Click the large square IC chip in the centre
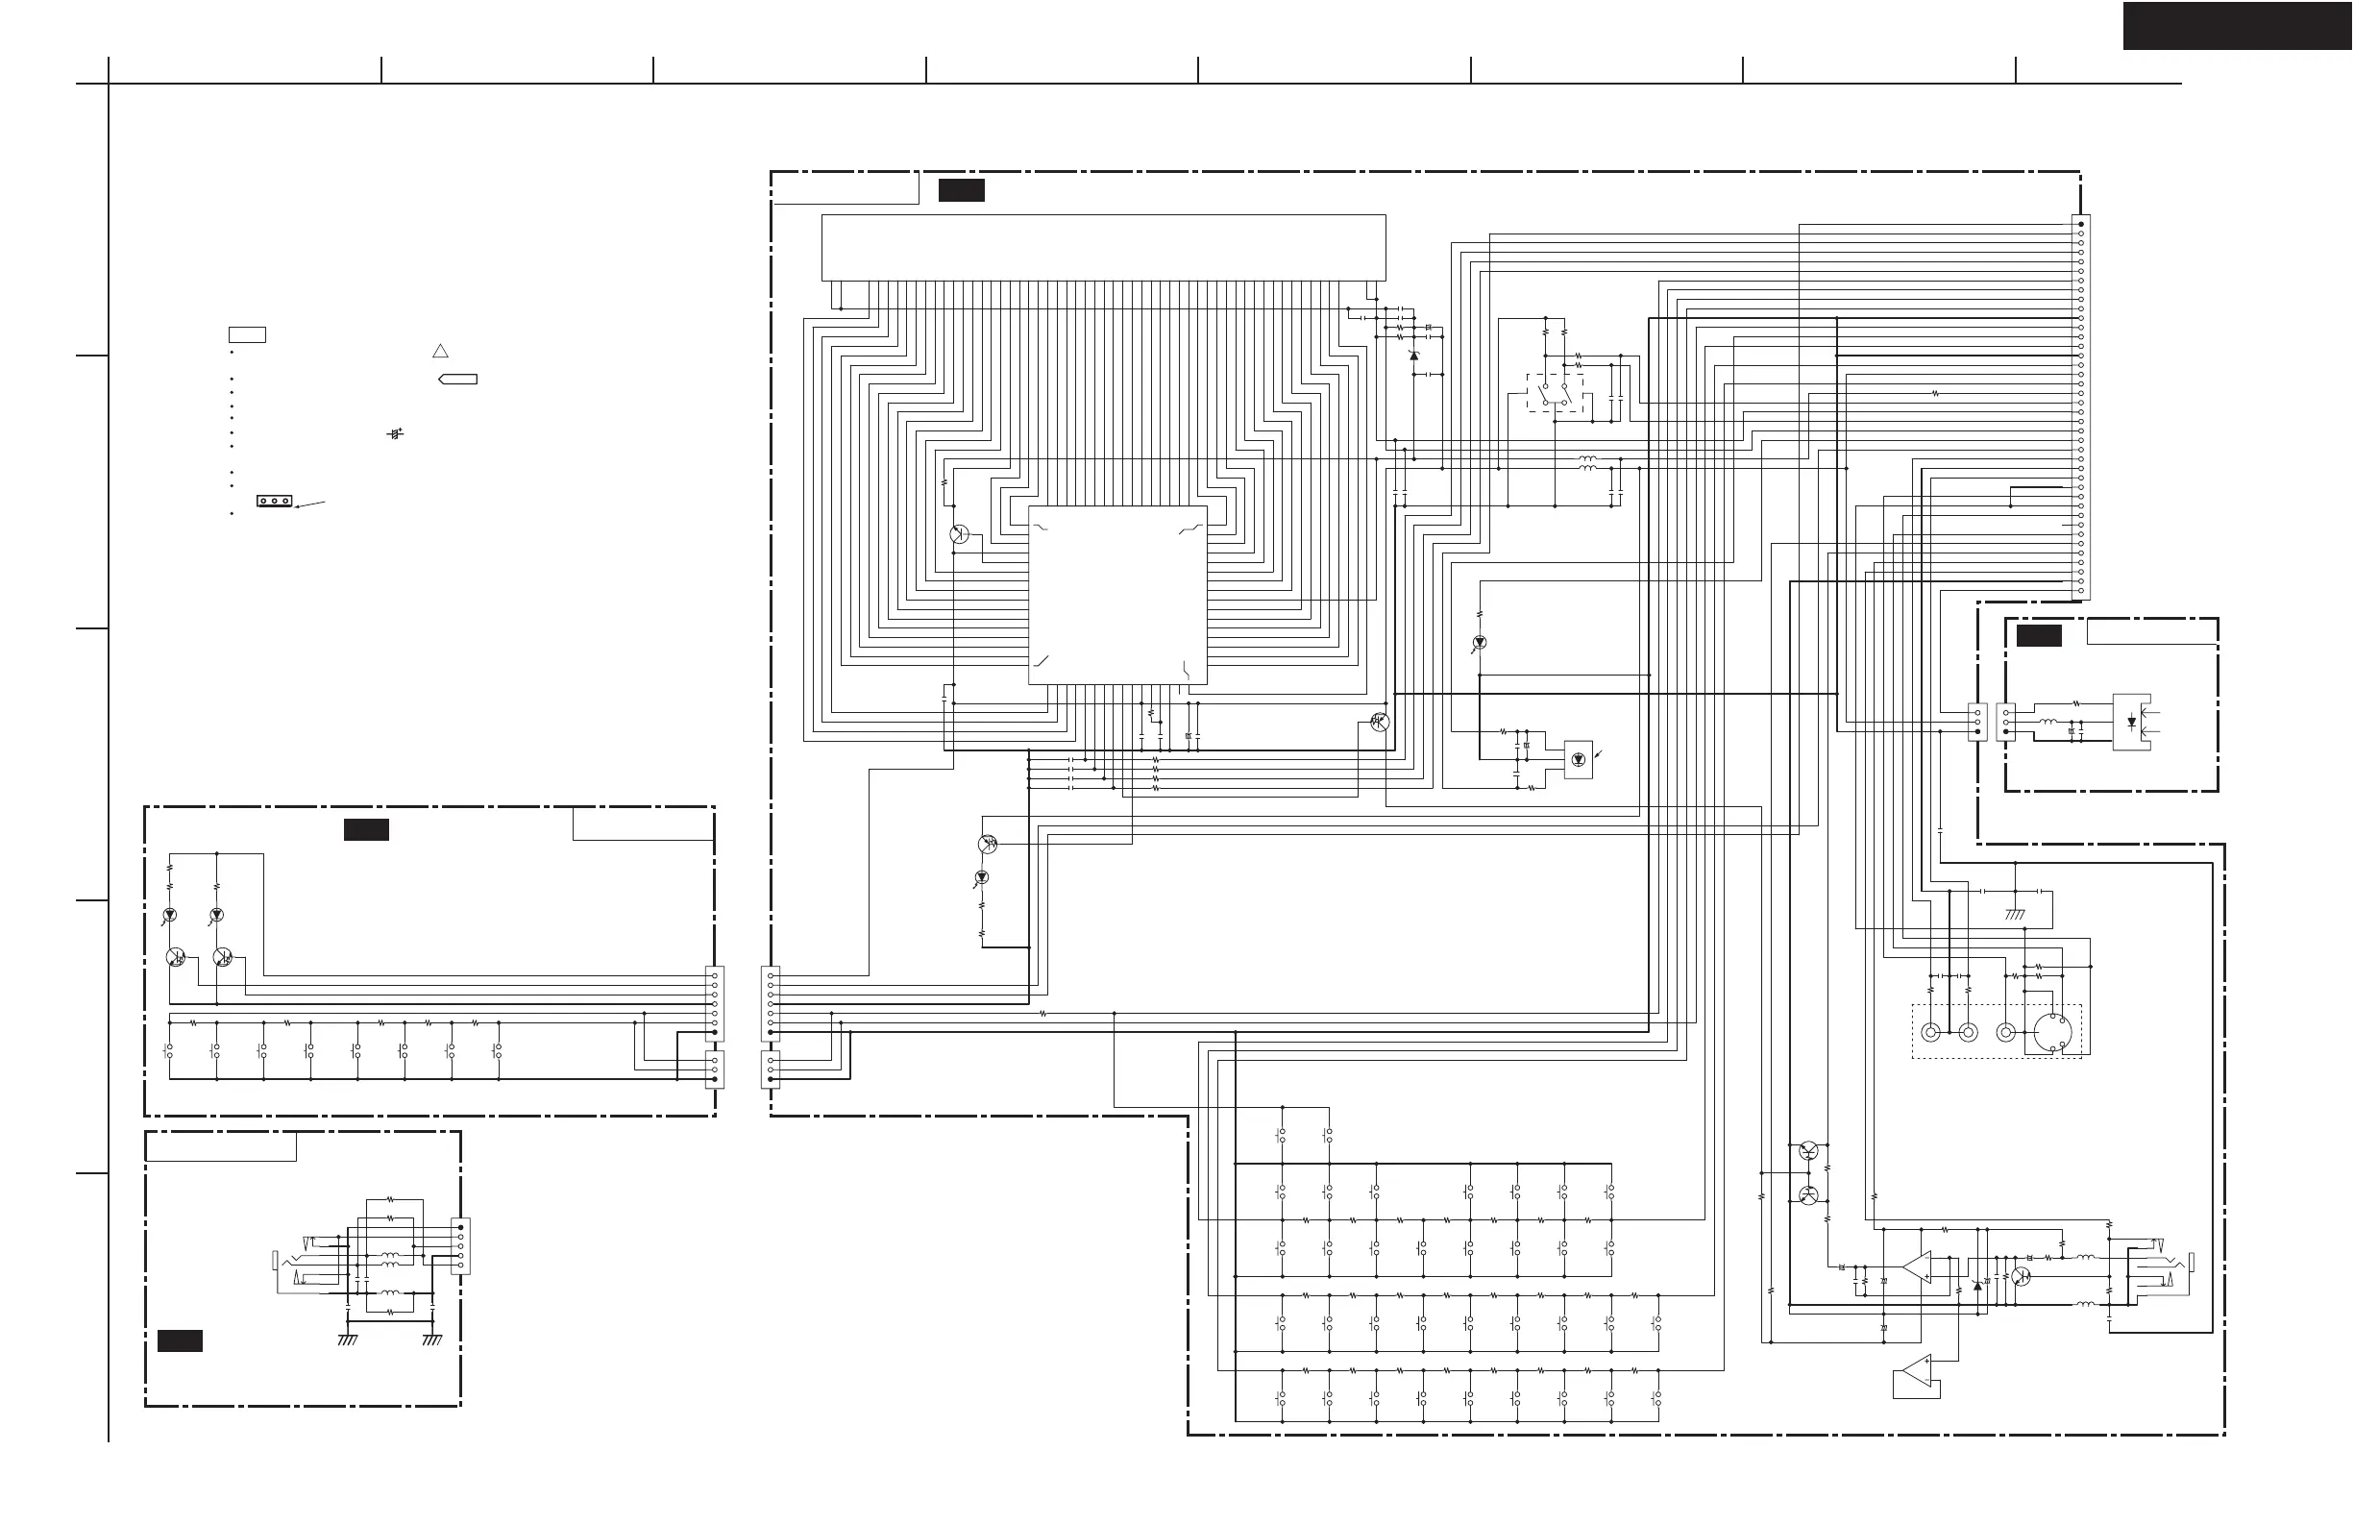click(1116, 595)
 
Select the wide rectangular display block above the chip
click(1103, 247)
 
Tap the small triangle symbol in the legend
click(441, 351)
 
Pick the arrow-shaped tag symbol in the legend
click(458, 379)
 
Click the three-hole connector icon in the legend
click(274, 501)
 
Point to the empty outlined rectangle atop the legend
click(247, 334)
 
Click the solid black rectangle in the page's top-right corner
click(2238, 26)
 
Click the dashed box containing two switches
click(1555, 394)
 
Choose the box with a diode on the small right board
click(2130, 722)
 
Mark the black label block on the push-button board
click(366, 830)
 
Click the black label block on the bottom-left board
click(180, 1340)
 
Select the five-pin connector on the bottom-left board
click(460, 1246)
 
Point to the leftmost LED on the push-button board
click(169, 915)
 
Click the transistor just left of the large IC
click(959, 534)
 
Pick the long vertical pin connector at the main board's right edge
click(2080, 407)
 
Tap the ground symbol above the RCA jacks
click(2014, 914)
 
